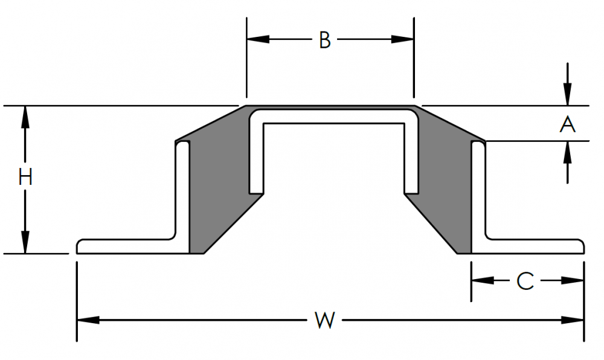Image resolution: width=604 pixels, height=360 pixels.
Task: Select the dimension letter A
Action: click(567, 124)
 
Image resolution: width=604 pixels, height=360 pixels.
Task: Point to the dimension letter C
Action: click(525, 281)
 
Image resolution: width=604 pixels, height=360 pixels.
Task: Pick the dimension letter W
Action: click(324, 320)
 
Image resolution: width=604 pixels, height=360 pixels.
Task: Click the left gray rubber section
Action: click(217, 181)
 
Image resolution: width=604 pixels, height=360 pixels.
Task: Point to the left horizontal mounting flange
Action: click(127, 246)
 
